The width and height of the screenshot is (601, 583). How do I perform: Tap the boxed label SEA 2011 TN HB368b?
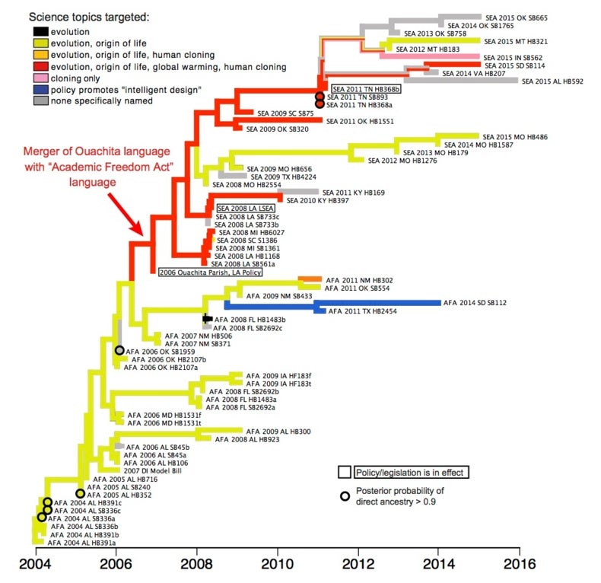(x=366, y=89)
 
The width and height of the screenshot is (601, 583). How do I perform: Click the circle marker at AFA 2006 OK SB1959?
(x=119, y=350)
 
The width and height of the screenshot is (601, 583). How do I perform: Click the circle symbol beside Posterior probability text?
(x=345, y=495)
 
